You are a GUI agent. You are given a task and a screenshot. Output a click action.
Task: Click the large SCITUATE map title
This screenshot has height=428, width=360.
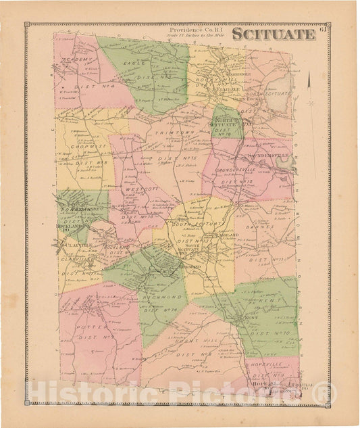coord(274,34)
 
